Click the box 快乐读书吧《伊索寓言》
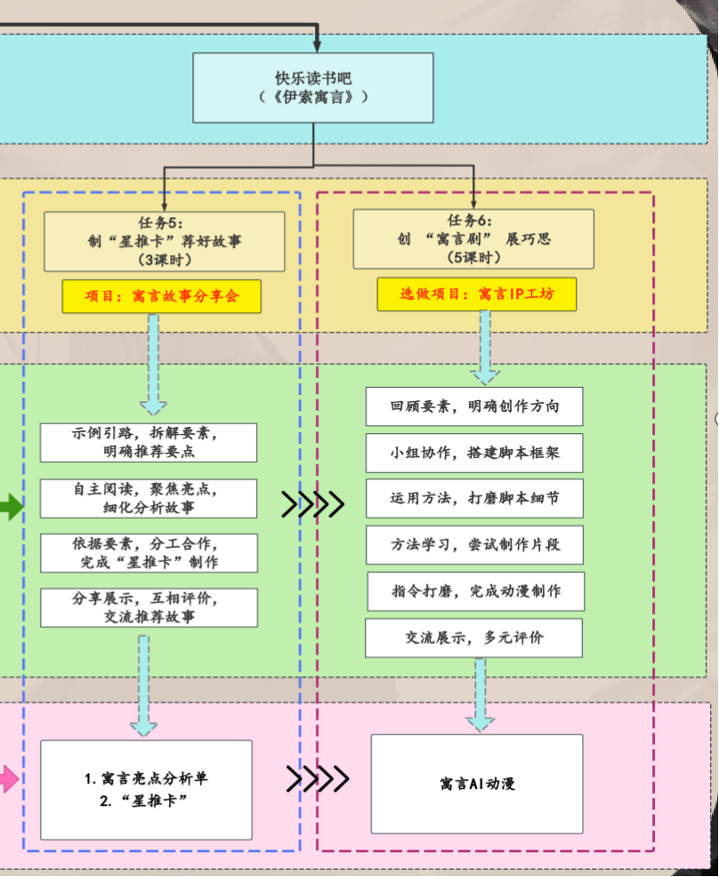tap(313, 87)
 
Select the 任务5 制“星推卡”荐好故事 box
tap(165, 241)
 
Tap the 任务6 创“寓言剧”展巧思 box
tap(473, 238)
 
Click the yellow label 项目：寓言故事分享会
tap(162, 296)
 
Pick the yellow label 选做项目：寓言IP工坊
tap(477, 294)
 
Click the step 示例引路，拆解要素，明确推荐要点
tap(149, 442)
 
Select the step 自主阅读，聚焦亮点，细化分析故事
tap(149, 498)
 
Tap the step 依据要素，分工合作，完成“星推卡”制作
tap(149, 552)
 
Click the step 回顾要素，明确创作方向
tap(474, 406)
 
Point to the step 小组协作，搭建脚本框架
tap(474, 453)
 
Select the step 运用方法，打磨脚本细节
tap(474, 498)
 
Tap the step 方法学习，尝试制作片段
tap(474, 544)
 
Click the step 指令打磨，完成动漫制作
tap(476, 591)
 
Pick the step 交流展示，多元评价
tap(474, 638)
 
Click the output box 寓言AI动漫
tap(477, 784)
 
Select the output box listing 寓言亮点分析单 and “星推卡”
tap(146, 790)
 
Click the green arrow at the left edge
tap(10, 508)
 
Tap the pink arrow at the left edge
tap(8, 780)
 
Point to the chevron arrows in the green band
tap(312, 504)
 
